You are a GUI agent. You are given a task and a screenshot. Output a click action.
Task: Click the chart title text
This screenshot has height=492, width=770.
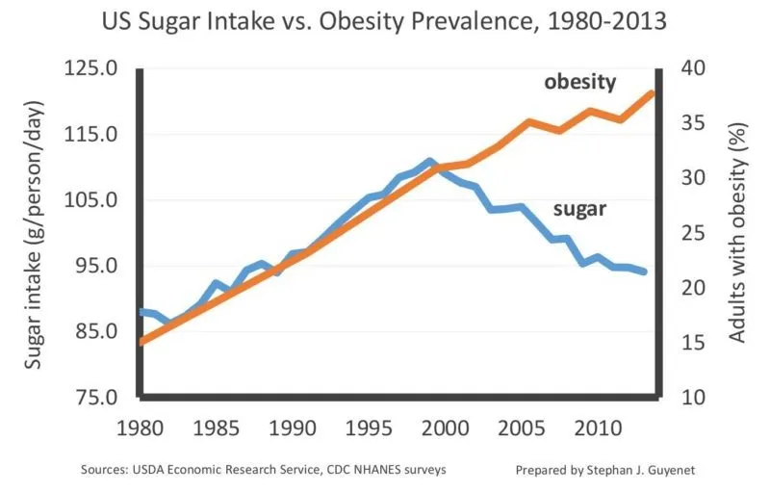384,21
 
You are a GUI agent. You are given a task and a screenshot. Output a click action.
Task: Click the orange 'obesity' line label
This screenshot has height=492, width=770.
579,82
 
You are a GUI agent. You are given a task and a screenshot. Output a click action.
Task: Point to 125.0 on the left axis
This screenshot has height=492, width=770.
91,69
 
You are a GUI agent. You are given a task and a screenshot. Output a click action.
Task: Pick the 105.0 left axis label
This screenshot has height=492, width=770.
91,200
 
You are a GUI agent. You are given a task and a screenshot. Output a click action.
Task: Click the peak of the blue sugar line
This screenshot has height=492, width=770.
429,162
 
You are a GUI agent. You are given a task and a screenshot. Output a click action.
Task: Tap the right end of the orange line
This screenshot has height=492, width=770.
654,93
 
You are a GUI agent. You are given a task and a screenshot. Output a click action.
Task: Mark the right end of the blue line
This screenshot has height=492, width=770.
644,272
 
